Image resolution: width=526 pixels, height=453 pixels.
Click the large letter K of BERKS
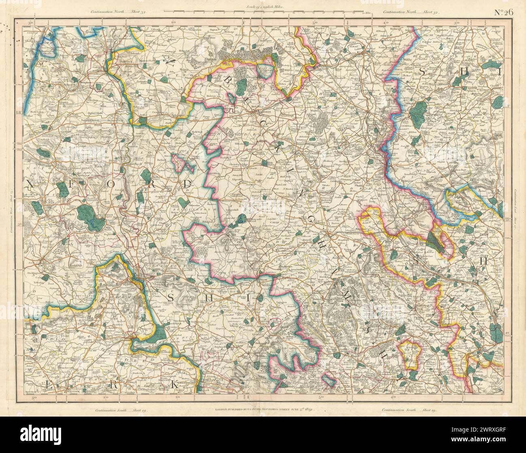click(x=175, y=386)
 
